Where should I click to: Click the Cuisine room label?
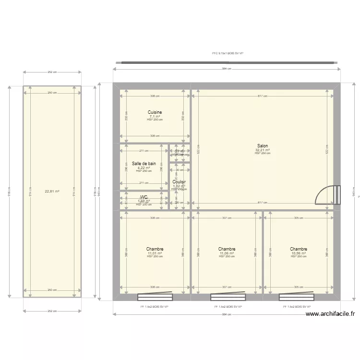tap(155, 112)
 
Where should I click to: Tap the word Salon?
tap(263, 146)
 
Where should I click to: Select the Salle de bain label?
tap(144, 164)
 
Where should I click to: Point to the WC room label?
tap(144, 197)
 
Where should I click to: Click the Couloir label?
tap(179, 182)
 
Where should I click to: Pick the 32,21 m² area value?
tap(263, 150)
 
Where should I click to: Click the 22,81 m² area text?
tap(52, 192)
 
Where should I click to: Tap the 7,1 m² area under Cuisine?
tap(155, 116)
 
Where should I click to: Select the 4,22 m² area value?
tap(144, 168)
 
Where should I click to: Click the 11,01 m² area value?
tap(155, 253)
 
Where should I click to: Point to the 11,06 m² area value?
tap(227, 253)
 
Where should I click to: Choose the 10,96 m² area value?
tap(299, 253)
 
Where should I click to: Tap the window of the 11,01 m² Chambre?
tap(155, 296)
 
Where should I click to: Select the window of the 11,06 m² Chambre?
tap(227, 296)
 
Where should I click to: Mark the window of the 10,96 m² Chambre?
tap(298, 296)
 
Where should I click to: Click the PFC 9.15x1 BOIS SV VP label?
tap(228, 54)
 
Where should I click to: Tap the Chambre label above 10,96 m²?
tap(299, 249)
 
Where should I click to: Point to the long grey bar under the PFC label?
tap(228, 62)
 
